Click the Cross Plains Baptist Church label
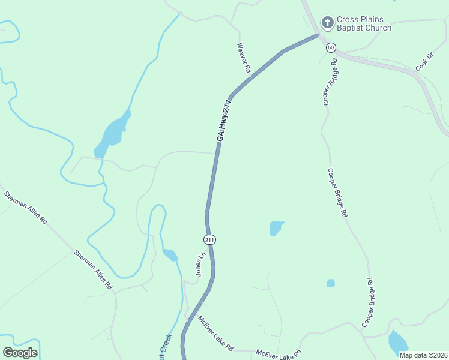[x=364, y=24]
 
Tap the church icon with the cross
[x=327, y=23]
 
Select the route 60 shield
[x=331, y=47]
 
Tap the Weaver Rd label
[x=243, y=58]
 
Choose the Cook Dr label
[x=424, y=62]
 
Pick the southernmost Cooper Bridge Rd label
[x=368, y=302]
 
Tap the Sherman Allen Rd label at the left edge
[x=25, y=208]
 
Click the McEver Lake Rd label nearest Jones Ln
[x=215, y=333]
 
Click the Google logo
[x=20, y=352]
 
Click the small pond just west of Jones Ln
[x=170, y=255]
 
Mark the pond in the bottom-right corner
[x=397, y=343]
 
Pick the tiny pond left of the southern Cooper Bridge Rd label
[x=330, y=283]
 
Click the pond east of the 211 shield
[x=276, y=228]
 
